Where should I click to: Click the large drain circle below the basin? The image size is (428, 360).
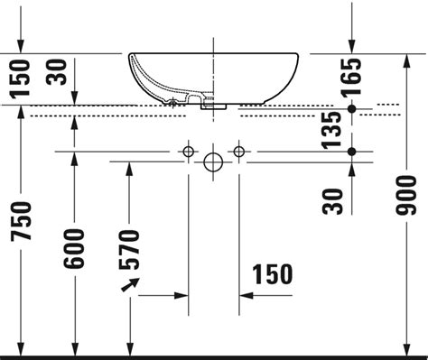[x=213, y=162]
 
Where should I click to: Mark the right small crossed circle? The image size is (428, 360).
[x=238, y=149]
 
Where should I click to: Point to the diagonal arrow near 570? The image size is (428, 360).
[x=130, y=286]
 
